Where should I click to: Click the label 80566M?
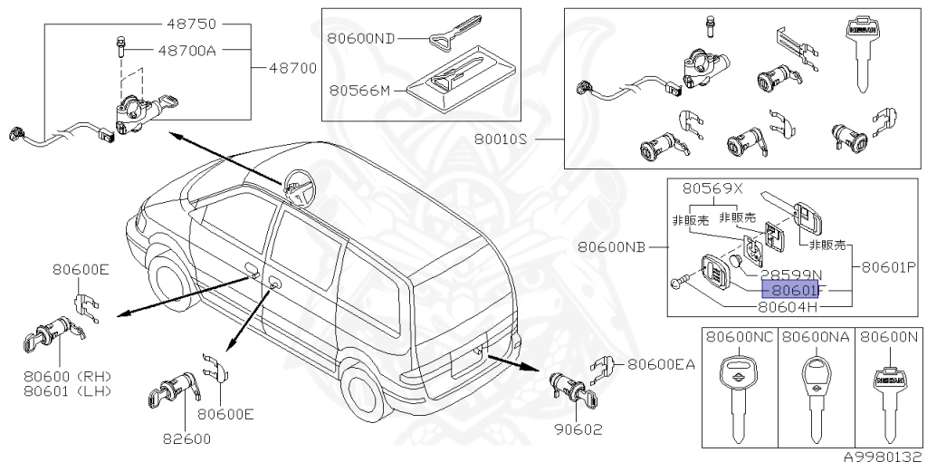(359, 91)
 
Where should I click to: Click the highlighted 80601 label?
(790, 290)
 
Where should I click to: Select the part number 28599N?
(789, 274)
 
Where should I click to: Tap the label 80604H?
(788, 306)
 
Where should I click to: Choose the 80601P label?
(889, 268)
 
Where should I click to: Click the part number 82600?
(185, 439)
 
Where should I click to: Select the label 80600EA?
(662, 364)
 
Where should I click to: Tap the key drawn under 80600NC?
(740, 390)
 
